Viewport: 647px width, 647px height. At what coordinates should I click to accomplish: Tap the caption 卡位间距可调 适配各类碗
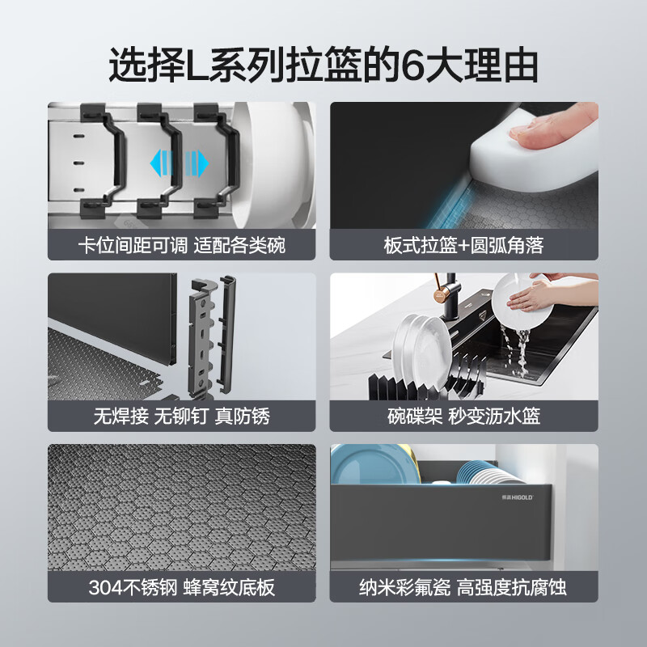(x=181, y=245)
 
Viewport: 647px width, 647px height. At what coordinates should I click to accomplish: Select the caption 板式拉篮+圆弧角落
(x=464, y=245)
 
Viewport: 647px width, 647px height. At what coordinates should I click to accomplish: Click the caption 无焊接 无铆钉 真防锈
(x=181, y=417)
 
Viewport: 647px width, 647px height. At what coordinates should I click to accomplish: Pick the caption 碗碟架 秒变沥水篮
(x=464, y=417)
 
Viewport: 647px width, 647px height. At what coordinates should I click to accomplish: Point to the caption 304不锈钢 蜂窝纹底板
(x=181, y=587)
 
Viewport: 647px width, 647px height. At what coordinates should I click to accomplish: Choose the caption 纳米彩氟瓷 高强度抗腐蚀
(x=464, y=587)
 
